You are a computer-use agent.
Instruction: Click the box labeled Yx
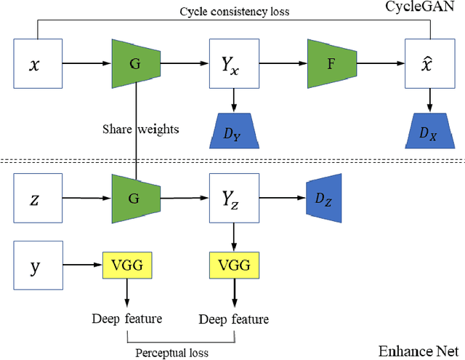233,63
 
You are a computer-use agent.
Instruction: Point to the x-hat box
429,63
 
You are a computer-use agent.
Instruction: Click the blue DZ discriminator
321,196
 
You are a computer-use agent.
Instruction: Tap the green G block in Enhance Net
135,196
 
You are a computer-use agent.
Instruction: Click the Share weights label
140,130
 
